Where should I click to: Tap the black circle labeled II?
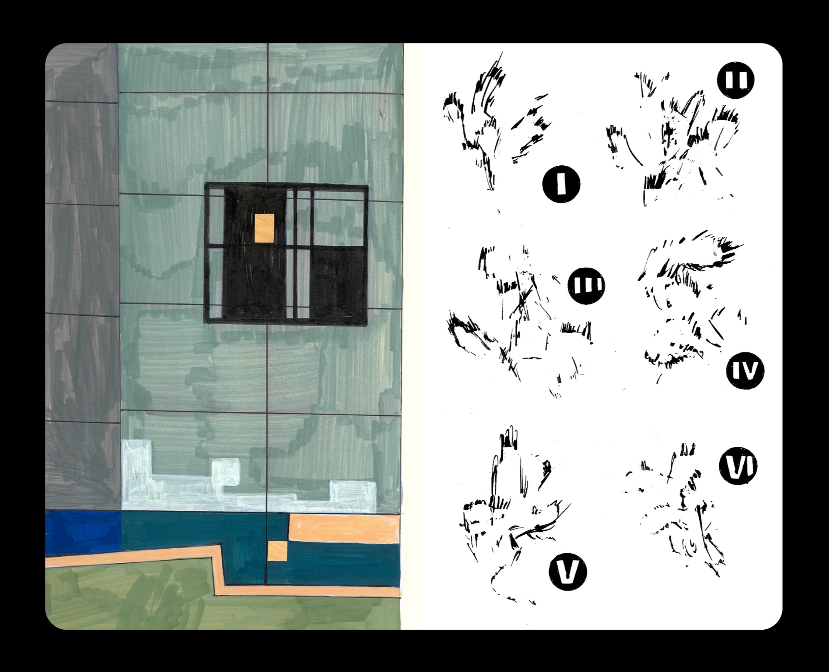pos(735,81)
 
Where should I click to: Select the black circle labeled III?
pos(586,286)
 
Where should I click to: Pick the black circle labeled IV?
pos(745,370)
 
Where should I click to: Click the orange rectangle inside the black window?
pos(264,228)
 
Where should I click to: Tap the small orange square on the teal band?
pos(277,551)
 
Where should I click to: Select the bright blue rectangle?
pos(83,533)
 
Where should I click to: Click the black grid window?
pos(286,253)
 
